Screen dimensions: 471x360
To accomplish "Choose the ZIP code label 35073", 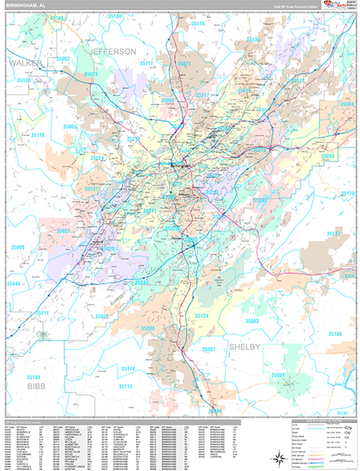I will click(x=91, y=75).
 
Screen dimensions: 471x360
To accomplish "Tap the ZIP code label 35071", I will click(x=184, y=64).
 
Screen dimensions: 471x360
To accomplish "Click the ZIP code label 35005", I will click(x=70, y=126).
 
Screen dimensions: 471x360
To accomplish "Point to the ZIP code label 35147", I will click(x=334, y=234).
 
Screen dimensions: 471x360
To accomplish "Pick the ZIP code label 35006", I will click(x=17, y=247).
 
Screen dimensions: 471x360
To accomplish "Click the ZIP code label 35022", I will click(x=102, y=316).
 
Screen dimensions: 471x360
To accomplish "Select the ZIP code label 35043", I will click(x=252, y=322).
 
